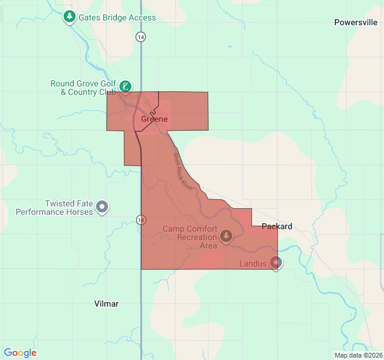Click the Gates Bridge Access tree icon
click(70, 17)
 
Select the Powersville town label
click(356, 22)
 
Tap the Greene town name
click(154, 119)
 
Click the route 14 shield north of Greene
click(140, 37)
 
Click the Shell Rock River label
click(182, 171)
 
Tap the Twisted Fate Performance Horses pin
click(103, 207)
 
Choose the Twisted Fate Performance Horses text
click(54, 208)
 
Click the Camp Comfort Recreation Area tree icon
click(226, 235)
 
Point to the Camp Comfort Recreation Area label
click(190, 237)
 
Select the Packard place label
click(277, 226)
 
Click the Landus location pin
click(276, 262)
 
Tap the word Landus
click(253, 263)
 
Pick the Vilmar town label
click(106, 304)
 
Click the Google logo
click(20, 353)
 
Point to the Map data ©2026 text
click(358, 355)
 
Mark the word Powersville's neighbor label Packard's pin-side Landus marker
click(276, 262)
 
